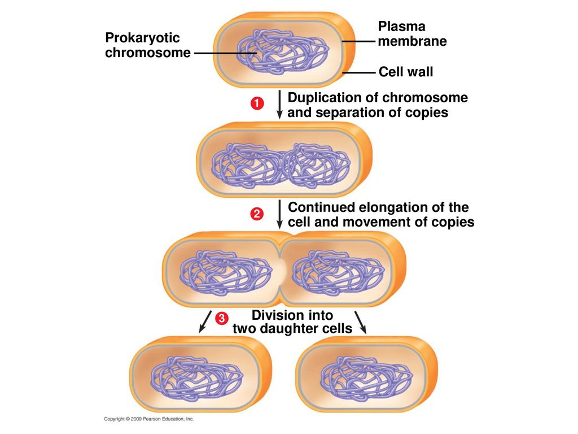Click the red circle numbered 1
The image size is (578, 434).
coord(257,103)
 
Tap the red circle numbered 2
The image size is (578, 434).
coord(257,214)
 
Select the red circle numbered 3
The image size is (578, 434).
coord(221,318)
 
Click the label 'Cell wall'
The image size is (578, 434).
coord(406,72)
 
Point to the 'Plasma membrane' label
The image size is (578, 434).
coord(412,33)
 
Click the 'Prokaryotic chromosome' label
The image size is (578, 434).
coord(148,45)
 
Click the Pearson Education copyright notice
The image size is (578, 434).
coord(148,419)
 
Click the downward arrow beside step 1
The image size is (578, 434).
coord(279,105)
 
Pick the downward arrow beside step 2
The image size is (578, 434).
coord(279,214)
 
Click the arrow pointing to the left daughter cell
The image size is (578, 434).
coord(205,322)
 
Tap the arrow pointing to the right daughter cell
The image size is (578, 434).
coord(361,323)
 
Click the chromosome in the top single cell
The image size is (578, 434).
coord(283,51)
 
